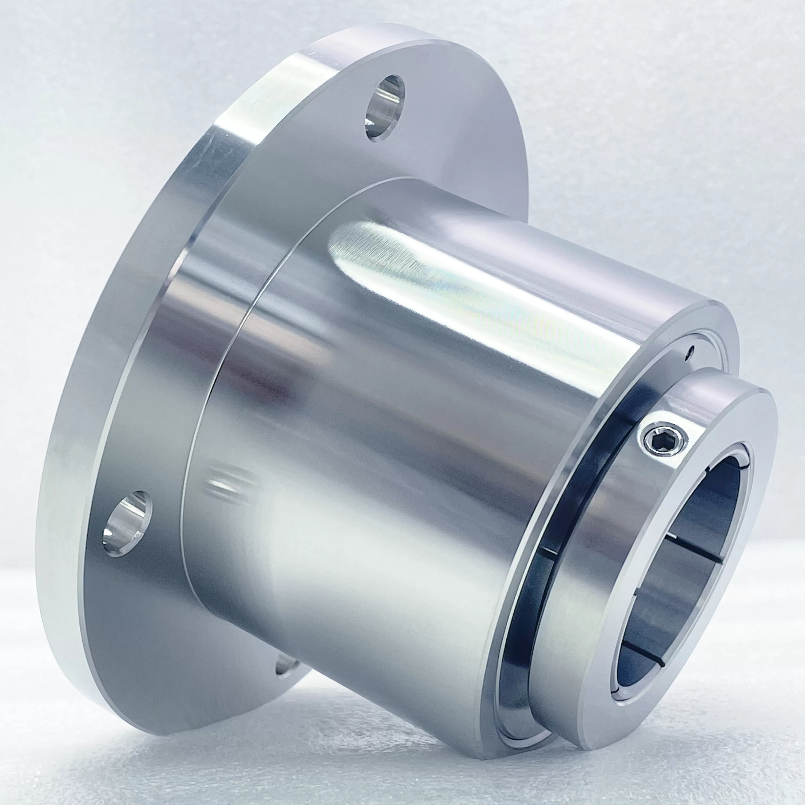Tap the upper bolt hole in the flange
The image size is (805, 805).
385,108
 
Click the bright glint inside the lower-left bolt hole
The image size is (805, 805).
110,533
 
